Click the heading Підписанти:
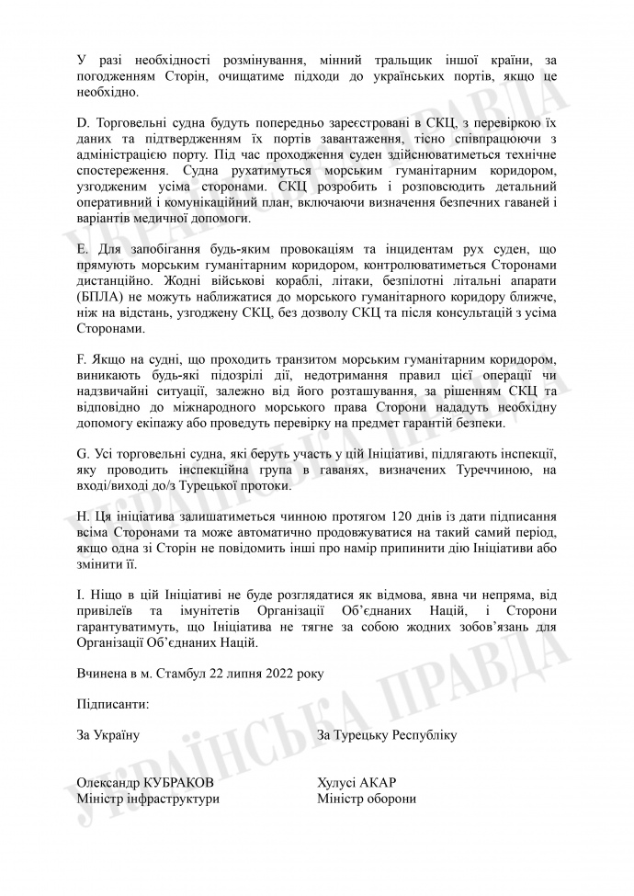pyautogui.click(x=112, y=704)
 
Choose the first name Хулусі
pyautogui.click(x=337, y=783)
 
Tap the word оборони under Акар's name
pyautogui.click(x=390, y=799)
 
